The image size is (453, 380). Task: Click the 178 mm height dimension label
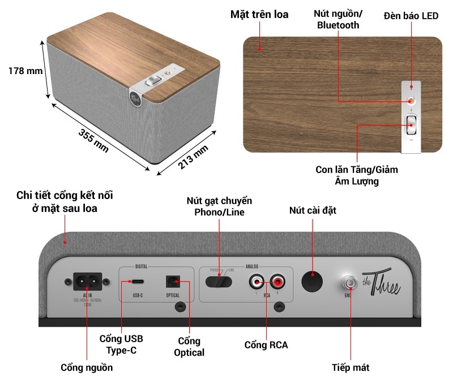pos(26,71)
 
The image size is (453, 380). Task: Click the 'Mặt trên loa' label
pos(259,15)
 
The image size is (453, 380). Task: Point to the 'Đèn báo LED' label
pos(411,15)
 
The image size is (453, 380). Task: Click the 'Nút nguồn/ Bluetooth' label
pos(338,20)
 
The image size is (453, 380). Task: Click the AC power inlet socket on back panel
pos(87,279)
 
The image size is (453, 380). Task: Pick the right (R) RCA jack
pos(277,280)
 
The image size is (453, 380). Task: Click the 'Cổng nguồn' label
pos(87,368)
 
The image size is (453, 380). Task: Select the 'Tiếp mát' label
pos(351,368)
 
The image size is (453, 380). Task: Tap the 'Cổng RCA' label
pos(266,344)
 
